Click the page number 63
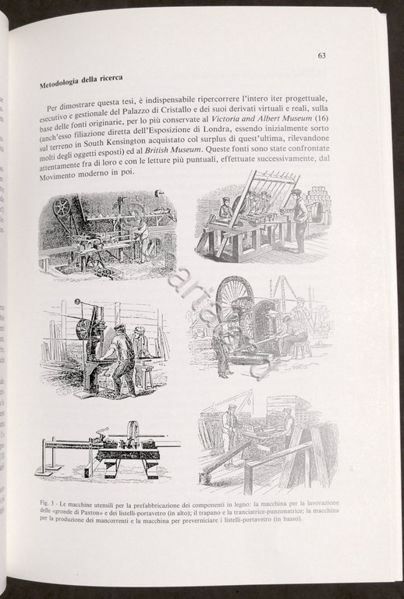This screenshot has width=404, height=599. (322, 55)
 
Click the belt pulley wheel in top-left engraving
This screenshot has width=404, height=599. (60, 207)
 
